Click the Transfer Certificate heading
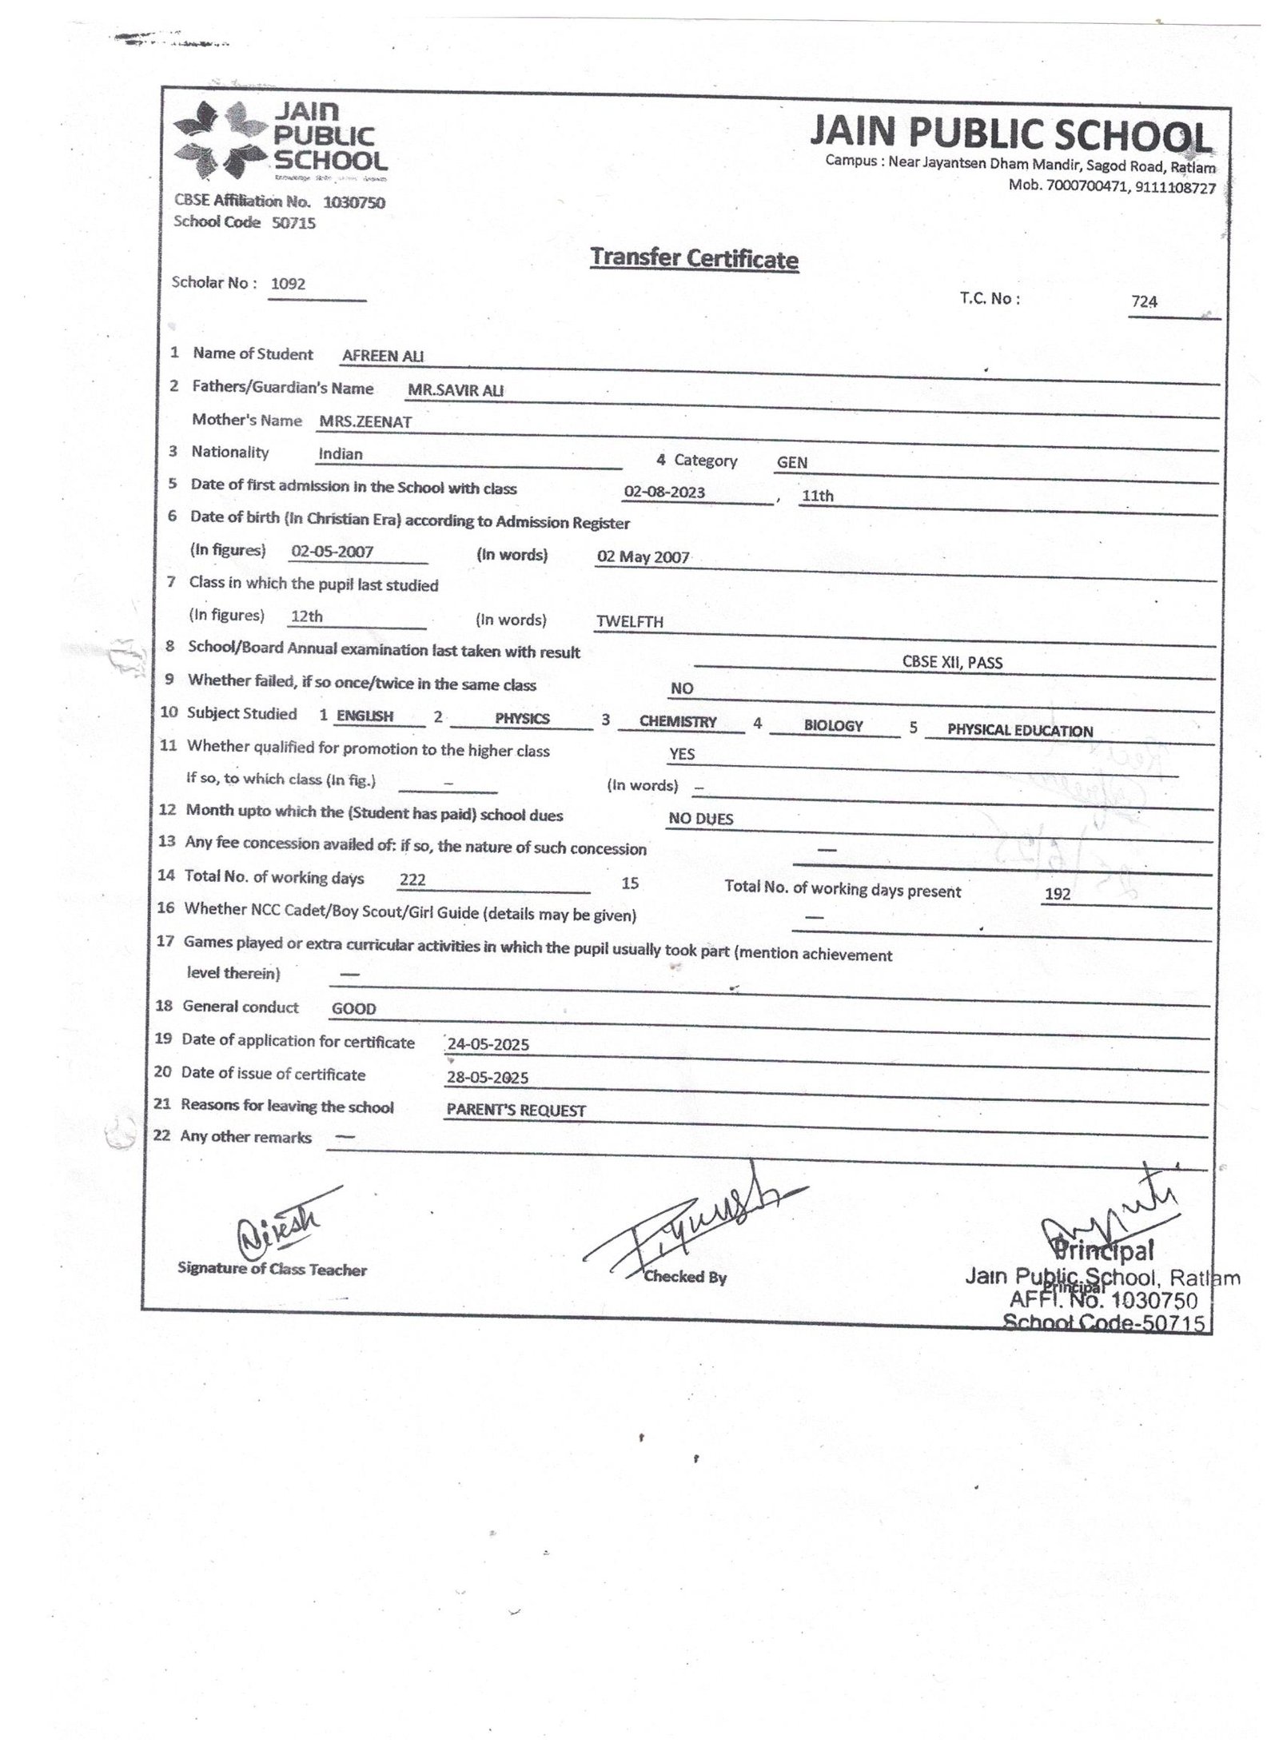point(693,258)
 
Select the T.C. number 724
point(1144,301)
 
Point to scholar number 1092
point(288,284)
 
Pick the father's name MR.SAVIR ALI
point(456,391)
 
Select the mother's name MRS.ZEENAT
point(365,422)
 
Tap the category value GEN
point(791,462)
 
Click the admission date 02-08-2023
point(664,492)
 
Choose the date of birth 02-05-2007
point(332,551)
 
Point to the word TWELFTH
point(629,621)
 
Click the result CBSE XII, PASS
point(951,662)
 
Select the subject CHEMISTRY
point(678,721)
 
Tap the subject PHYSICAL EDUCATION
point(1019,730)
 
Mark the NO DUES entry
point(700,819)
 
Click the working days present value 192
point(1057,894)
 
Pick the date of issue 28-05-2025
point(488,1077)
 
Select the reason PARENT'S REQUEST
point(516,1111)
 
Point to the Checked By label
point(685,1277)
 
